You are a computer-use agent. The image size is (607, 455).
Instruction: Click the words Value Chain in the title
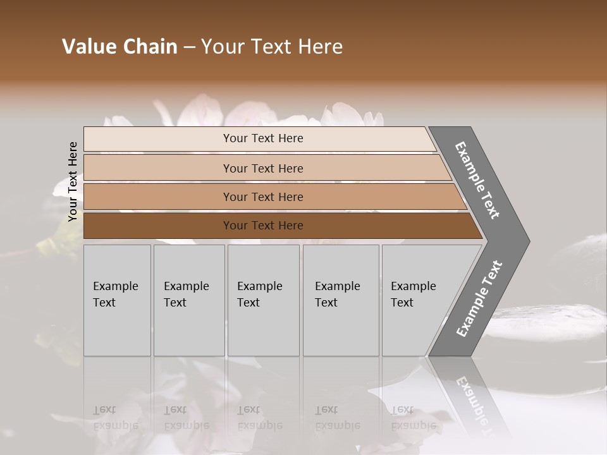120,47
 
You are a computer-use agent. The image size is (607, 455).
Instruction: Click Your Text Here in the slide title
272,47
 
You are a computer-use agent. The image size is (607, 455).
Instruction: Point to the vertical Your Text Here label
73,181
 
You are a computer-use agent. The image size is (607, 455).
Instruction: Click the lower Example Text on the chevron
479,298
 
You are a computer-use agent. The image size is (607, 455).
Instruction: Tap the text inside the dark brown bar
263,226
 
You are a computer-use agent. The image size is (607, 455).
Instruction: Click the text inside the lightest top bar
263,138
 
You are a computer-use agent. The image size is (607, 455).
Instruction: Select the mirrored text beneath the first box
116,418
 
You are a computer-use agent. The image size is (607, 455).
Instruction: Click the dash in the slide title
189,47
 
